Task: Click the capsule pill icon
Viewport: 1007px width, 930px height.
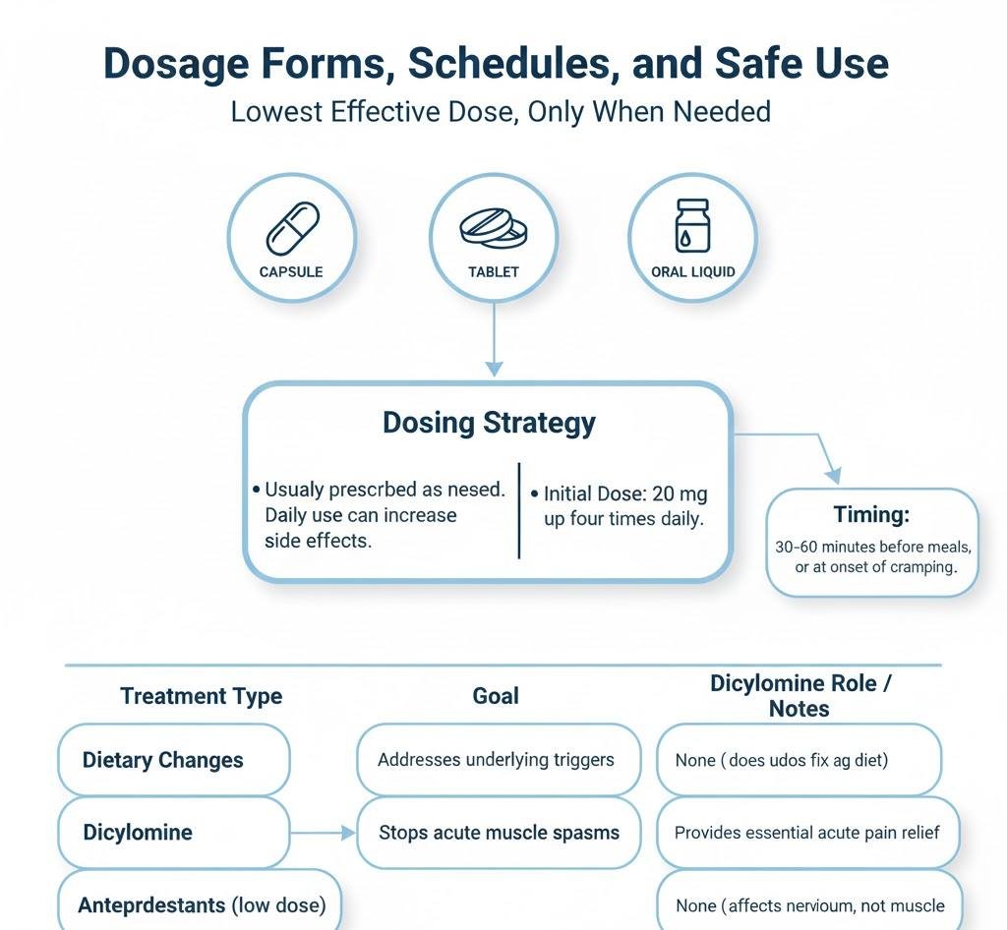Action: click(x=292, y=229)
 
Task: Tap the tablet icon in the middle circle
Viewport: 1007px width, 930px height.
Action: click(x=493, y=229)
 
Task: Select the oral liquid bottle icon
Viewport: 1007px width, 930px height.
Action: click(x=692, y=225)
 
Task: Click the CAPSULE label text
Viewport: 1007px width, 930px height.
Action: click(x=291, y=271)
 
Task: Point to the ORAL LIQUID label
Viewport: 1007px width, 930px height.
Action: click(x=692, y=271)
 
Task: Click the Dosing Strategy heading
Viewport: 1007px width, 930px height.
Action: click(x=489, y=423)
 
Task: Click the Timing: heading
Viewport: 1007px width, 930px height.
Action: click(x=872, y=515)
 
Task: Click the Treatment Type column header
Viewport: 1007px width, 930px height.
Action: click(x=201, y=696)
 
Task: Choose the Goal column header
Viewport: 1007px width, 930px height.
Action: click(x=495, y=696)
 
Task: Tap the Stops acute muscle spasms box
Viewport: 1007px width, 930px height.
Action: click(x=499, y=833)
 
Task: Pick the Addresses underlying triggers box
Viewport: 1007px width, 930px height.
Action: click(x=499, y=760)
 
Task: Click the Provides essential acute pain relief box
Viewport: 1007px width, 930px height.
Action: click(x=806, y=833)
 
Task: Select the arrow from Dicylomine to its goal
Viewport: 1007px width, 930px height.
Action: click(x=323, y=833)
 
